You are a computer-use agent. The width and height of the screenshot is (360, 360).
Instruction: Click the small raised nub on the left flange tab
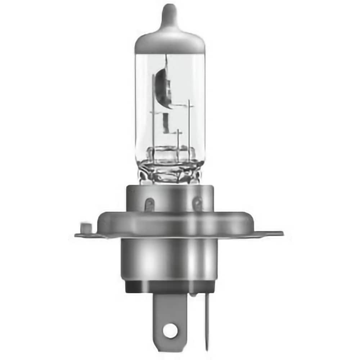[85, 228]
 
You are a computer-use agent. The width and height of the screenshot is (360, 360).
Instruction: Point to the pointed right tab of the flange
[275, 233]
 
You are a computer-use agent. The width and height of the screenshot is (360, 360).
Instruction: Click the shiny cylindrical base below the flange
[169, 259]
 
